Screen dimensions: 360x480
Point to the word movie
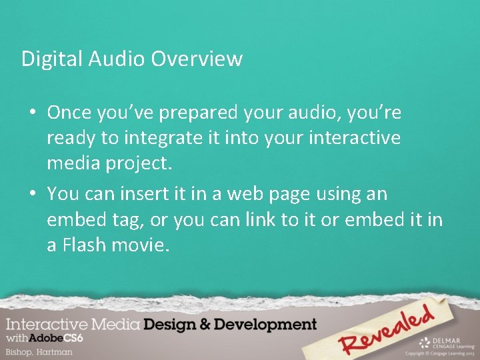144,245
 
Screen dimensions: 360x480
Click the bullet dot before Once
32,114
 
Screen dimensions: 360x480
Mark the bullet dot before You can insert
32,195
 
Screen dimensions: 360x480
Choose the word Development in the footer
267,325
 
